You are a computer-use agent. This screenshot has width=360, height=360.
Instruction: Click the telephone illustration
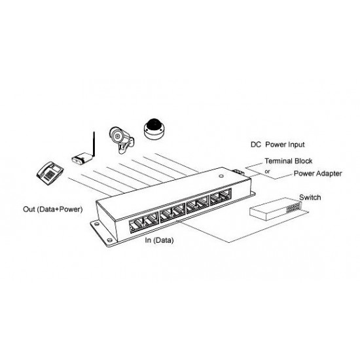coord(50,173)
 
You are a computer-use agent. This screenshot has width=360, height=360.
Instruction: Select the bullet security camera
coord(121,139)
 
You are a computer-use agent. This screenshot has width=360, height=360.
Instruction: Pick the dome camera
coord(154,129)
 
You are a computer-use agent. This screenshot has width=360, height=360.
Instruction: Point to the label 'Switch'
coord(310,197)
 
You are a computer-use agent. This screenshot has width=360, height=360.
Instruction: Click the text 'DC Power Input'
coord(278,145)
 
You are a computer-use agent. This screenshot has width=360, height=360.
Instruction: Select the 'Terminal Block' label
coord(289,161)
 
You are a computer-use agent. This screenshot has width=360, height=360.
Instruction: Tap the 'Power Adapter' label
coord(317,173)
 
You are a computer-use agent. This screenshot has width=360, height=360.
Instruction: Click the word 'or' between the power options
coord(267,171)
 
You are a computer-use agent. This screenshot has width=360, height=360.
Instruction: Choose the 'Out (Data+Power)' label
coord(53,209)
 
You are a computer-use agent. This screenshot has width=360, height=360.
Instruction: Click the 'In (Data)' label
coord(159,240)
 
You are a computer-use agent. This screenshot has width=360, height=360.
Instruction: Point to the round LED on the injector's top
coord(221,176)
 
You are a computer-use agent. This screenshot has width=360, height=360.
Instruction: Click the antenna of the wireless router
coord(94,144)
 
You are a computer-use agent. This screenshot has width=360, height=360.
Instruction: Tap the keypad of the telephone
coord(50,175)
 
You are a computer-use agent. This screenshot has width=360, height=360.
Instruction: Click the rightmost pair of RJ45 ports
coord(221,196)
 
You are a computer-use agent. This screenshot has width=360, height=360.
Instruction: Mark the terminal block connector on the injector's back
coord(238,172)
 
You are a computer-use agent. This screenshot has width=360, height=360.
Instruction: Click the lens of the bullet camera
coord(118,136)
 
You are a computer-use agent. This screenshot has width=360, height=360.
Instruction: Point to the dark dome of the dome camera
coord(154,124)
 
